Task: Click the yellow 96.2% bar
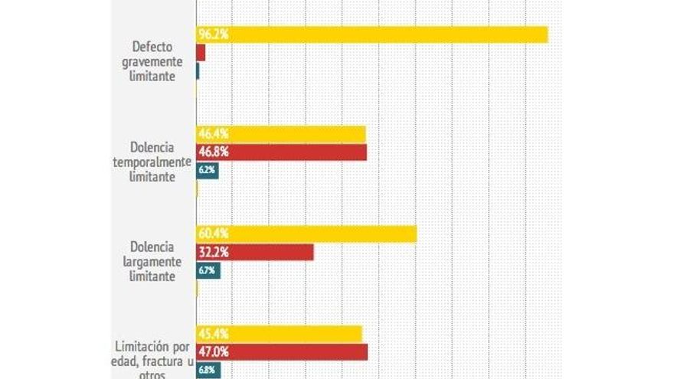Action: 372,34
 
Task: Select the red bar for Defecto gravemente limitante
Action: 201,53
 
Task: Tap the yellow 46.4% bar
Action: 281,134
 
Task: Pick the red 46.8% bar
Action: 282,152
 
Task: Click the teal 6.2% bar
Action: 208,171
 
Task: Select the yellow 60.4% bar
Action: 306,234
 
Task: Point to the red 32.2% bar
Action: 255,252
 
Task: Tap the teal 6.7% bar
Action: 208,270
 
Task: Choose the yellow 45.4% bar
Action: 279,334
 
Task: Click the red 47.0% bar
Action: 282,352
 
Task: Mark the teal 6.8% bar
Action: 208,371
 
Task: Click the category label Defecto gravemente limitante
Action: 152,62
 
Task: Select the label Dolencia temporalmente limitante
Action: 151,162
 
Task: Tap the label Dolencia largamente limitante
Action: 152,261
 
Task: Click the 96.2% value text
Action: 214,34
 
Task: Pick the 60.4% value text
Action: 214,234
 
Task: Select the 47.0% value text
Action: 214,352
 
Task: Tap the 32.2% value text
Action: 214,252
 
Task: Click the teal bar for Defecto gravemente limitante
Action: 198,71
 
